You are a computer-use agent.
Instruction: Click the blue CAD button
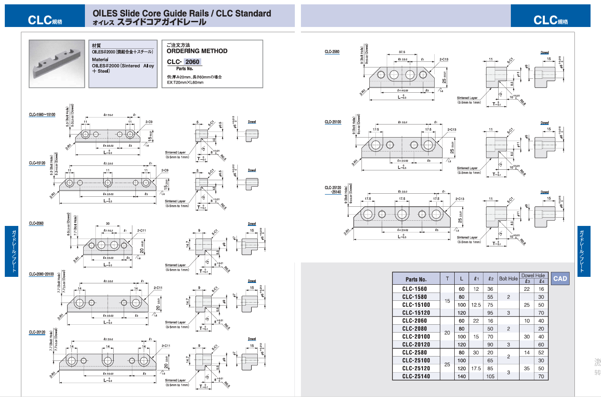[x=560, y=279]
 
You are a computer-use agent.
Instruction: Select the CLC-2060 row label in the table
[x=415, y=321]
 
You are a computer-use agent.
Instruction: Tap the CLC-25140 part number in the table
[x=416, y=377]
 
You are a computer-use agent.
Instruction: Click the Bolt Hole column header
[x=508, y=279]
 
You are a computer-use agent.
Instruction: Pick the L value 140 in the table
[x=462, y=377]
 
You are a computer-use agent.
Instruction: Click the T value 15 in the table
[x=447, y=301]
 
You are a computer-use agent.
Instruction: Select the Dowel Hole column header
[x=533, y=276]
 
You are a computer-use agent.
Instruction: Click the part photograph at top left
[x=57, y=64]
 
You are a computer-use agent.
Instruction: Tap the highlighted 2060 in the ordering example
[x=192, y=62]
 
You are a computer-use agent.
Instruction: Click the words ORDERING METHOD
[x=197, y=51]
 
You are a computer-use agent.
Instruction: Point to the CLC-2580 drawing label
[x=332, y=52]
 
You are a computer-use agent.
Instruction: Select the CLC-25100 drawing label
[x=333, y=122]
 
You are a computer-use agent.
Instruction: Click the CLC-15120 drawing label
[x=37, y=163]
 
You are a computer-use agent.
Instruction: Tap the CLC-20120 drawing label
[x=37, y=332]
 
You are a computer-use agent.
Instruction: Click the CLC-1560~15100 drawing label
[x=42, y=115]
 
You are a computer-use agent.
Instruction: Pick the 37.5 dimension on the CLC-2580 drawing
[x=402, y=52]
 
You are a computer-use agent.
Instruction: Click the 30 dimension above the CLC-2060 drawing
[x=108, y=224]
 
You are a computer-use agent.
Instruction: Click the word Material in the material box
[x=100, y=60]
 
